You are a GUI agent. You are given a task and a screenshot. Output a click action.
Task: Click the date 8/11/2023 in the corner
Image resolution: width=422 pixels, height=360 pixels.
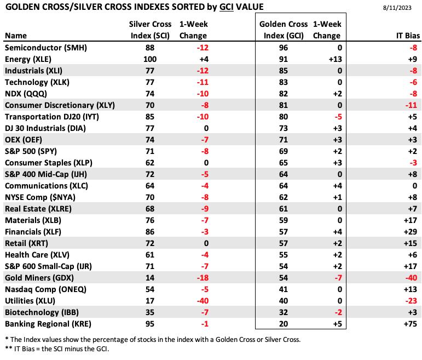pos(397,8)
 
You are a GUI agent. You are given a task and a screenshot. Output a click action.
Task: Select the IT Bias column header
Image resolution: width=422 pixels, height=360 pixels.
pos(408,36)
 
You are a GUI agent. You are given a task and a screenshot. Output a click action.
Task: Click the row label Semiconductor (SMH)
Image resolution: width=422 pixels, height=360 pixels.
pos(46,48)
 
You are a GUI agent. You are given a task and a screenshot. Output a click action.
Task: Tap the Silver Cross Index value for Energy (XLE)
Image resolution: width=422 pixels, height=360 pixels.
pos(150,59)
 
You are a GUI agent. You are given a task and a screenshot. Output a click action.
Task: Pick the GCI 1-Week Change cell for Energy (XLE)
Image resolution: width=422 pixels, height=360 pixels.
pos(336,59)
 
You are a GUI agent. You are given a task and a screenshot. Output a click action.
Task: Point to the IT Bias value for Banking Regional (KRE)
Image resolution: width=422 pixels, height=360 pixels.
pos(411,324)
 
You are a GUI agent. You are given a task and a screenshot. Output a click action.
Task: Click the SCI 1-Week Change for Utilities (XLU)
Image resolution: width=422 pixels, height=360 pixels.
pos(203,301)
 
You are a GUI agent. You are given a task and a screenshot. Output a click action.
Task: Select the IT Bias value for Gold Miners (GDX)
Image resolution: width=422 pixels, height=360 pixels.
pos(411,278)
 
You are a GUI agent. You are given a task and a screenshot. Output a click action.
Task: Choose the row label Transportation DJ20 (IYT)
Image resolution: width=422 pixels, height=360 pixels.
pos(52,117)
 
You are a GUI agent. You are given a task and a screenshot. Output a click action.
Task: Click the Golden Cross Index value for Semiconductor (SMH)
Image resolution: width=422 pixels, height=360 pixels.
pos(284,48)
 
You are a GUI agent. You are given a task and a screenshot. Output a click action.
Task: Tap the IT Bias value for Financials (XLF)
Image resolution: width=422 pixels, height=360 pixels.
pos(411,232)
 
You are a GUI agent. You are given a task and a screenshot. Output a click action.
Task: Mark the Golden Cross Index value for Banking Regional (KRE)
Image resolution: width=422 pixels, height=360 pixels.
pos(284,324)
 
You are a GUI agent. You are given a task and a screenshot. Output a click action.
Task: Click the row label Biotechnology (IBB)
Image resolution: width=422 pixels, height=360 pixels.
pos(42,312)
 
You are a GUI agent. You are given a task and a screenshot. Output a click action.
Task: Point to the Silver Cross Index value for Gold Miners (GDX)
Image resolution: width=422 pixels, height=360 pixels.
pos(150,278)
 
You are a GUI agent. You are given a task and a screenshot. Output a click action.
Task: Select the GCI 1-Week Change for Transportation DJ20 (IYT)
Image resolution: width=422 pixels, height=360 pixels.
pos(338,117)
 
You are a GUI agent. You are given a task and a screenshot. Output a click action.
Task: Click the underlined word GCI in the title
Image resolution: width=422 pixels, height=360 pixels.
pos(227,7)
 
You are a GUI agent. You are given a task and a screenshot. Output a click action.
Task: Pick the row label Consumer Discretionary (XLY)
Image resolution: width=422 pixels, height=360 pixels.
pos(60,105)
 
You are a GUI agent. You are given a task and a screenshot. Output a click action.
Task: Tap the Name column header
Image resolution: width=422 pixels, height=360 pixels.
pos(16,36)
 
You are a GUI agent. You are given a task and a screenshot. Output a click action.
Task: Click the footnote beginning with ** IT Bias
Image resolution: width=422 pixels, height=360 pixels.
pos(57,348)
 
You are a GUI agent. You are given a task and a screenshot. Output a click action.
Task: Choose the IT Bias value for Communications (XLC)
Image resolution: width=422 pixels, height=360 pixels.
pos(415,186)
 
